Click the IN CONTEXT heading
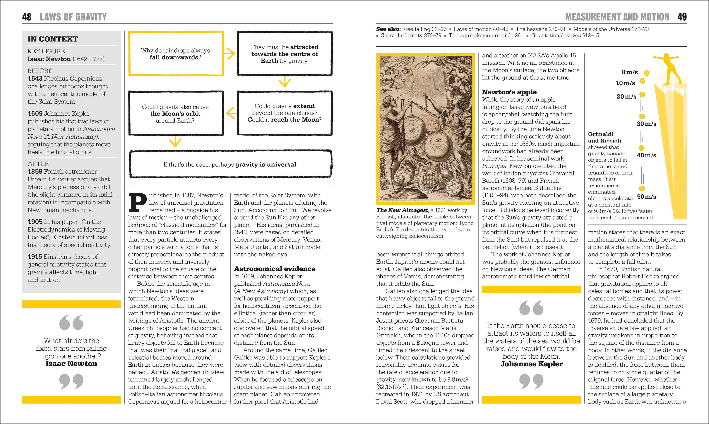click(53, 39)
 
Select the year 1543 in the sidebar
click(35, 78)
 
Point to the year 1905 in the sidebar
click(35, 222)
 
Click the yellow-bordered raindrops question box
click(175, 54)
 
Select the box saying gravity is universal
click(230, 165)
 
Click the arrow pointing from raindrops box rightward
click(230, 53)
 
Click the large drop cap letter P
click(138, 203)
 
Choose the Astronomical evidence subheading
click(275, 269)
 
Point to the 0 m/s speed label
click(630, 72)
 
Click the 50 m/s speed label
click(646, 196)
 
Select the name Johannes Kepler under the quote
click(531, 364)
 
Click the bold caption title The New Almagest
click(402, 210)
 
